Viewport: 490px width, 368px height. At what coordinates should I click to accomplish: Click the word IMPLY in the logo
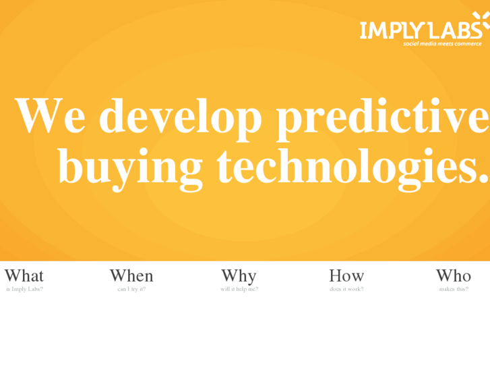392,30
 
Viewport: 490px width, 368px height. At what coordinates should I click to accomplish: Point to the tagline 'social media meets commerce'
442,44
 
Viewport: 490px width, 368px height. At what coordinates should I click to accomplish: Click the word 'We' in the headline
51,116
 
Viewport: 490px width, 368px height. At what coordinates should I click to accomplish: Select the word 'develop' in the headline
180,116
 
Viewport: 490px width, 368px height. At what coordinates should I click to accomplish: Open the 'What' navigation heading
24,275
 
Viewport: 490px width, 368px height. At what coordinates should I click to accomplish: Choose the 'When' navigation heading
131,275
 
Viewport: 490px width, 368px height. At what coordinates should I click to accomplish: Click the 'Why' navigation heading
239,275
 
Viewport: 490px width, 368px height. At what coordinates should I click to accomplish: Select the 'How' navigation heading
346,275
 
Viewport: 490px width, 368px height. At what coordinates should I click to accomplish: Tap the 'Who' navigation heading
454,275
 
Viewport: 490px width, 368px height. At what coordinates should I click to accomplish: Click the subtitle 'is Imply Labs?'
24,289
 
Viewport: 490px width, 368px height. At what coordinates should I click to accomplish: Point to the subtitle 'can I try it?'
131,289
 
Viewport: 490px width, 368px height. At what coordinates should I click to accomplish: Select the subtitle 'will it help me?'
239,289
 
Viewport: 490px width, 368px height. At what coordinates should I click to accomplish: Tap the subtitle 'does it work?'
346,289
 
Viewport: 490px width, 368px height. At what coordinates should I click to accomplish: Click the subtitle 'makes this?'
454,289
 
